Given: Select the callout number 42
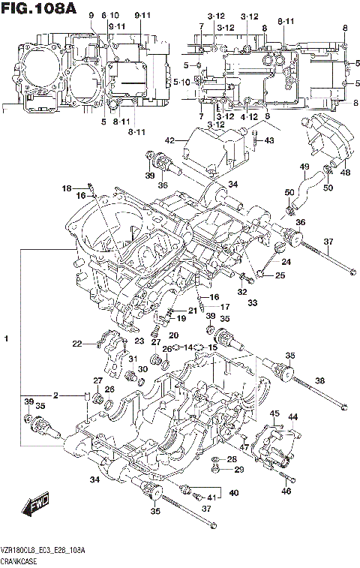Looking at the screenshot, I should (x=169, y=140).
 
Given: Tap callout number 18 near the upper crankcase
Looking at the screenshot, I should (x=66, y=188).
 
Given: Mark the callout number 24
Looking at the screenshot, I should (x=286, y=262).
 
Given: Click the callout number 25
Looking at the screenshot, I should (x=280, y=276).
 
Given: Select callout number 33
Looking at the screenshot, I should (x=253, y=302).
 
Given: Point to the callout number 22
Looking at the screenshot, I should (x=76, y=344).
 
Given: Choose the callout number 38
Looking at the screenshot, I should (x=319, y=381).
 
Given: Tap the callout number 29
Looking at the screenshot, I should (x=240, y=470).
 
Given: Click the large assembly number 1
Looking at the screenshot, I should (x=6, y=341).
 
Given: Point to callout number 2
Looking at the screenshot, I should (x=55, y=395).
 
